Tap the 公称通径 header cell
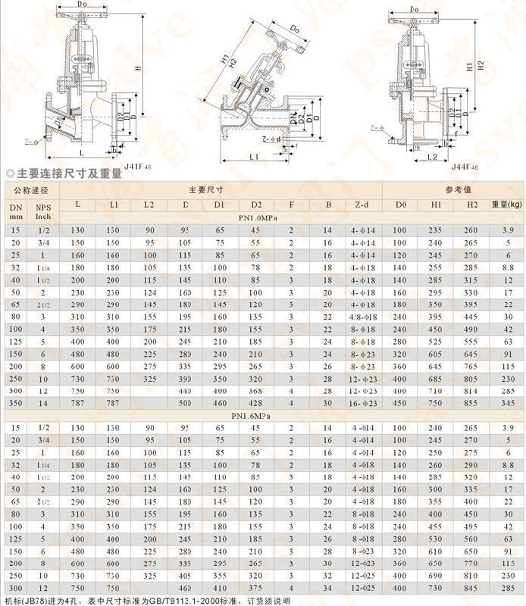coord(29,189)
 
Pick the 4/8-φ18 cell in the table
coord(362,316)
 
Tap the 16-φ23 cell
coord(362,404)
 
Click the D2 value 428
coord(256,404)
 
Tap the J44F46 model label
coord(465,166)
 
